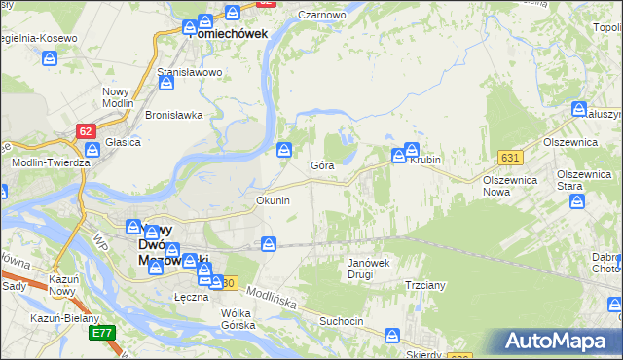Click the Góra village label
click(x=322, y=165)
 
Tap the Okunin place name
click(x=273, y=200)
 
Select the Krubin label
click(x=425, y=160)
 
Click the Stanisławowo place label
click(x=191, y=73)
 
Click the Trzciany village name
click(x=425, y=285)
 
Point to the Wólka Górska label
click(x=238, y=319)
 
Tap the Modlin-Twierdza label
click(x=51, y=162)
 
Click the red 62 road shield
click(x=87, y=128)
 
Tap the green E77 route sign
click(x=101, y=333)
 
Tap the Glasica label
click(x=124, y=142)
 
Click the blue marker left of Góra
click(x=284, y=150)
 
